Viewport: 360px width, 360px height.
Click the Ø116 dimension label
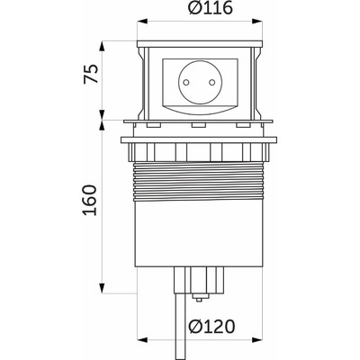pos(211,9)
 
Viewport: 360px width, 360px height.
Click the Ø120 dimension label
pos(211,327)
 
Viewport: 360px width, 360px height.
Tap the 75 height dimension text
pos(91,74)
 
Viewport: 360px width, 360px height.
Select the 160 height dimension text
pos(90,200)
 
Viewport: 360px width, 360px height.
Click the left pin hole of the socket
pos(185,82)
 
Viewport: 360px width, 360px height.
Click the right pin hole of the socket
pos(211,82)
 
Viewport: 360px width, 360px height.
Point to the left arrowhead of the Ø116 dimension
pos(142,21)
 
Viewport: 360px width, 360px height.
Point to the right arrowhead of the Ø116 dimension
pos(256,21)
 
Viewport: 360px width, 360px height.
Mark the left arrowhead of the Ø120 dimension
pos(142,340)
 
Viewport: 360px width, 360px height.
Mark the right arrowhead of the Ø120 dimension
pos(256,340)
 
